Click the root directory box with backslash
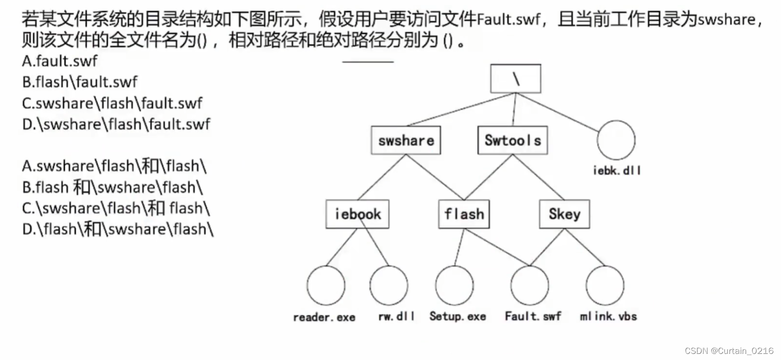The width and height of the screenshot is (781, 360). pyautogui.click(x=515, y=79)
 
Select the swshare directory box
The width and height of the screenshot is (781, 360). pyautogui.click(x=406, y=140)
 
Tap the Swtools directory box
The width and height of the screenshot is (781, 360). pyautogui.click(x=512, y=140)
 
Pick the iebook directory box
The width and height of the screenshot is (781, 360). pyautogui.click(x=358, y=214)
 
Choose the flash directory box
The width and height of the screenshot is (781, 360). pyautogui.click(x=464, y=214)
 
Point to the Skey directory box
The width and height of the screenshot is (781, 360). pyautogui.click(x=564, y=214)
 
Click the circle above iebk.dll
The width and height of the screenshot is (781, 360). pyautogui.click(x=616, y=139)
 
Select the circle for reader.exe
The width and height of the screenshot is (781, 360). pyautogui.click(x=326, y=285)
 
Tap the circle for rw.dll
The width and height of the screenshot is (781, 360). pyautogui.click(x=389, y=285)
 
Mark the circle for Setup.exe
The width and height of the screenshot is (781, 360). pyautogui.click(x=454, y=285)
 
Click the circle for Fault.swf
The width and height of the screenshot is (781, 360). pyautogui.click(x=530, y=285)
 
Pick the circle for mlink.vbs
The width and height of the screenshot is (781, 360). pyautogui.click(x=605, y=285)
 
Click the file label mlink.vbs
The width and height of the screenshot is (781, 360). pyautogui.click(x=609, y=316)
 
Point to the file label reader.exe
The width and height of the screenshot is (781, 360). pyautogui.click(x=324, y=317)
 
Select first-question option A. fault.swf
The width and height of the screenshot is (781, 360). pyautogui.click(x=60, y=62)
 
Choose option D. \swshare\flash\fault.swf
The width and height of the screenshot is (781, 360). pyautogui.click(x=116, y=124)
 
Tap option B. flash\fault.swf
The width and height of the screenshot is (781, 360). pyautogui.click(x=80, y=82)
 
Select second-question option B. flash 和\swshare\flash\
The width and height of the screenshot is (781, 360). pyautogui.click(x=112, y=187)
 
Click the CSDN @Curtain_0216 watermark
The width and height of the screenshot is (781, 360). pyautogui.click(x=729, y=351)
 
